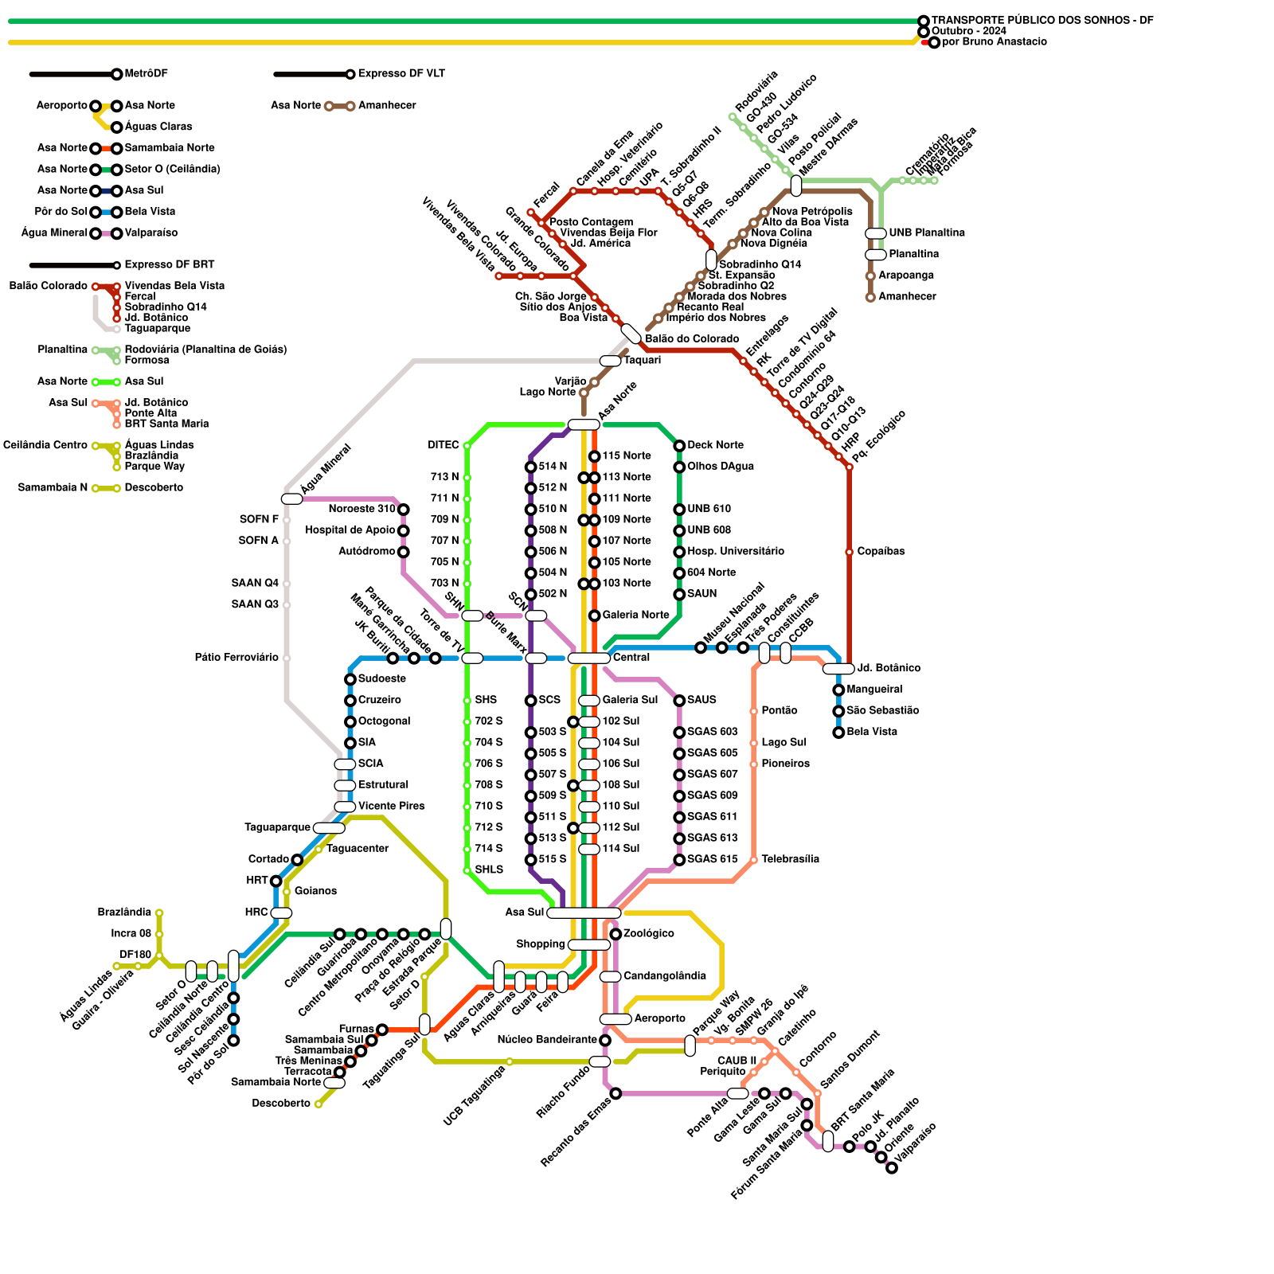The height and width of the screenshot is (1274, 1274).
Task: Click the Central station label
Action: click(631, 658)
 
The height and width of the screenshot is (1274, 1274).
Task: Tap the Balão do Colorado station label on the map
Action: click(692, 339)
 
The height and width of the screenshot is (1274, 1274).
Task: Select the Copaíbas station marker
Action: click(850, 552)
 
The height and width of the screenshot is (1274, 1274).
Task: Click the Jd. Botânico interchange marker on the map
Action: click(838, 669)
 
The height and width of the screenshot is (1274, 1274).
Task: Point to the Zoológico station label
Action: click(649, 933)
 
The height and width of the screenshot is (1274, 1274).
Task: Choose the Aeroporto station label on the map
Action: click(659, 1018)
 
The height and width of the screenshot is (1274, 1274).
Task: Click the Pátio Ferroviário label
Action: click(236, 658)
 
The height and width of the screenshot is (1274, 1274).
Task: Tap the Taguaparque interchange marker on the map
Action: click(329, 828)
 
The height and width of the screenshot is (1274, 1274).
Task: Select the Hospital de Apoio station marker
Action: click(404, 531)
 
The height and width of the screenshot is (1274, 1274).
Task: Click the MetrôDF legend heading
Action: click(147, 74)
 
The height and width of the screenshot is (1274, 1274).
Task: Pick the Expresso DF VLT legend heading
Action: click(401, 74)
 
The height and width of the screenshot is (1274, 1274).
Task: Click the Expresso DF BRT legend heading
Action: click(170, 265)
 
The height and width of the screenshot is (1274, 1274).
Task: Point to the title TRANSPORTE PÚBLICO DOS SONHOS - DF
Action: click(1042, 20)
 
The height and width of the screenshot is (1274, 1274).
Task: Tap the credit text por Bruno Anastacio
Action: click(995, 42)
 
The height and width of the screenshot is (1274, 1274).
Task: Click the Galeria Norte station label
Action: click(635, 616)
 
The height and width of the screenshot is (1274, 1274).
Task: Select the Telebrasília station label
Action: click(790, 859)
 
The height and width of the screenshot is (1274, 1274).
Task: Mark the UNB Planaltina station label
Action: click(927, 233)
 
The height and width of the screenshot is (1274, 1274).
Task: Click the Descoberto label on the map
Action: click(281, 1104)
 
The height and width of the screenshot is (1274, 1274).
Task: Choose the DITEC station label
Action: click(444, 445)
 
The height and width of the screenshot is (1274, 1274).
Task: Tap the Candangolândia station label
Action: click(665, 976)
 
